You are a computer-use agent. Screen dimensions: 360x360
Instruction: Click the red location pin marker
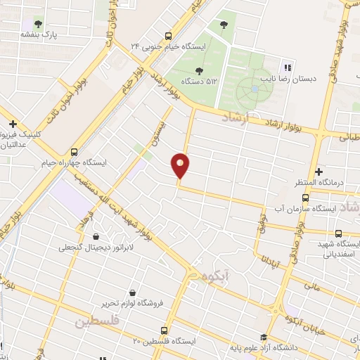click(181, 166)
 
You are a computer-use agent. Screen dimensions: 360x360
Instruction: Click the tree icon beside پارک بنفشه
click(37, 23)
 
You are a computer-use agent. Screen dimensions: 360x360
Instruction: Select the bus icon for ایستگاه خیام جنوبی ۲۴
click(168, 36)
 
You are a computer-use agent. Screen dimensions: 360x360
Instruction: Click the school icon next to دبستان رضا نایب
click(286, 67)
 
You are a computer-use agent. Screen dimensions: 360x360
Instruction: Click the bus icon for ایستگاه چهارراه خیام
click(74, 151)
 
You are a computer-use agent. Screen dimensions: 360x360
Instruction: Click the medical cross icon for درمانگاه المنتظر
click(319, 172)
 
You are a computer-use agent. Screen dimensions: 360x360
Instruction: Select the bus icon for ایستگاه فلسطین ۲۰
click(165, 330)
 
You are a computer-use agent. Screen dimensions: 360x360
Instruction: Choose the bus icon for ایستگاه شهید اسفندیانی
click(338, 233)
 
